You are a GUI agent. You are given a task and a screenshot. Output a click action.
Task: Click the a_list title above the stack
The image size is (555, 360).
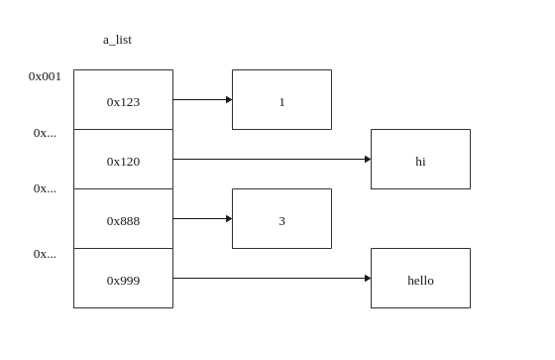[117, 40]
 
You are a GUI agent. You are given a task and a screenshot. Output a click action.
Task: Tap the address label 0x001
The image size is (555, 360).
[45, 76]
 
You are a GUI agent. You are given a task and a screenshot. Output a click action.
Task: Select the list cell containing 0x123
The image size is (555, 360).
[123, 100]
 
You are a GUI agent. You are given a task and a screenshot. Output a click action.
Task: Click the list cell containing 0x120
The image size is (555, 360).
[123, 160]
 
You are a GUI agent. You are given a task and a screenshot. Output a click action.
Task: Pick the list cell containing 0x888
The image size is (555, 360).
[123, 219]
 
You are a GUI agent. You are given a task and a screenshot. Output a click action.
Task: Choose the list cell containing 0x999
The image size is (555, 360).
[123, 279]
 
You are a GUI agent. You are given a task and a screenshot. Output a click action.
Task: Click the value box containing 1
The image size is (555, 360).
[281, 100]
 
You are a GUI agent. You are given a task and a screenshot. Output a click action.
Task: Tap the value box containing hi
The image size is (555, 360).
[420, 160]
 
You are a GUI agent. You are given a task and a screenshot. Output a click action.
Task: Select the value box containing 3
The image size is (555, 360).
[281, 219]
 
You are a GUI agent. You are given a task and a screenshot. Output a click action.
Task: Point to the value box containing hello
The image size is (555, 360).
[420, 279]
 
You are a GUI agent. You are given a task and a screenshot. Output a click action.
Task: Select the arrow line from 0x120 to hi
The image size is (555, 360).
[268, 159]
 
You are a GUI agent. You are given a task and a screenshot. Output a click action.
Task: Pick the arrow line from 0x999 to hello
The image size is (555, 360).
[268, 278]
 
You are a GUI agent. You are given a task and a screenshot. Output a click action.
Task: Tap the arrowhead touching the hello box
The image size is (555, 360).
[368, 278]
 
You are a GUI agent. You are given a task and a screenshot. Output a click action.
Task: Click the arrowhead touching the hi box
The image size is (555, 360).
[368, 159]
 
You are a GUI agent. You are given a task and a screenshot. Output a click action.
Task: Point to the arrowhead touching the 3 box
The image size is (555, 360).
[229, 218]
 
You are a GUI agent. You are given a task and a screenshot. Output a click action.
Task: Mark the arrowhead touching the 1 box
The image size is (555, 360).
[229, 99]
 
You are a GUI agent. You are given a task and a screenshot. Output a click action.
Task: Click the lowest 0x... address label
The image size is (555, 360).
[45, 254]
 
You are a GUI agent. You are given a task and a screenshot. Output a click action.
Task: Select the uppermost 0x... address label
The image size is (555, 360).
[45, 133]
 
